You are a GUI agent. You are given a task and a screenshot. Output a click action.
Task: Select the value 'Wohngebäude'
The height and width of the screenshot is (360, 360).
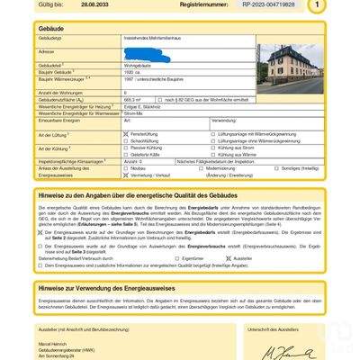point(139,65)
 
